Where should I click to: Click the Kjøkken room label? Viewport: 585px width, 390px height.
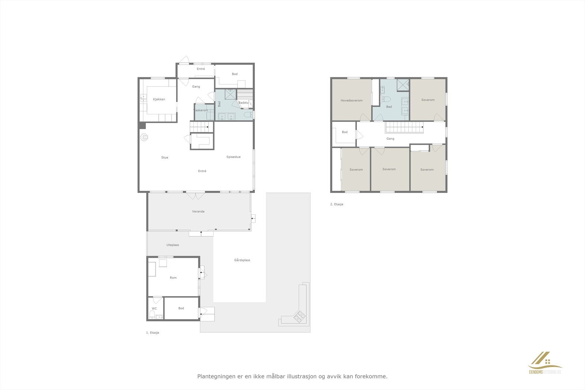(159, 99)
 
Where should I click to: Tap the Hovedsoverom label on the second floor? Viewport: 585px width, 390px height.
(351, 101)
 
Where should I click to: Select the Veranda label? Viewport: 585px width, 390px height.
(198, 212)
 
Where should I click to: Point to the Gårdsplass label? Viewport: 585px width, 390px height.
(242, 260)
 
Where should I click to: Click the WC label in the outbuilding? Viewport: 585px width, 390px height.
(154, 308)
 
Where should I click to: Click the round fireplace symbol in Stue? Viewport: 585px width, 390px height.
(144, 137)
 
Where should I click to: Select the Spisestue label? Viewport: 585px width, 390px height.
(233, 157)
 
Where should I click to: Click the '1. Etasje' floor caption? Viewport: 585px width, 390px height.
(152, 333)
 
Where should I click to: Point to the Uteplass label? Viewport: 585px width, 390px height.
(173, 245)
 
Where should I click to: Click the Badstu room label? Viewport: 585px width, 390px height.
(244, 103)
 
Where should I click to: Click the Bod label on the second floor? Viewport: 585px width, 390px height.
(344, 132)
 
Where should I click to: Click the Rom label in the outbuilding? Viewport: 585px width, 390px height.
(173, 278)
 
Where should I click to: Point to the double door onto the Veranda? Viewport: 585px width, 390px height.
(196, 196)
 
